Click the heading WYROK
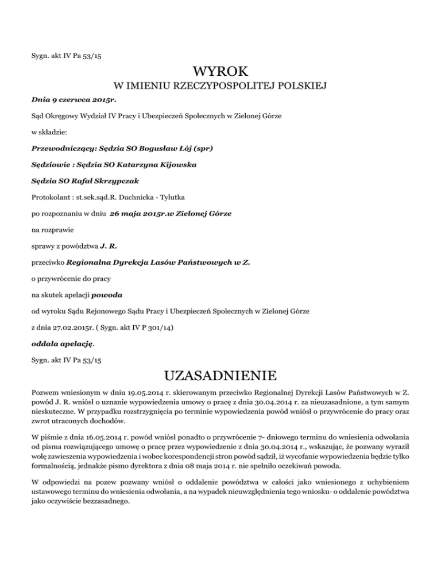(220, 72)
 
